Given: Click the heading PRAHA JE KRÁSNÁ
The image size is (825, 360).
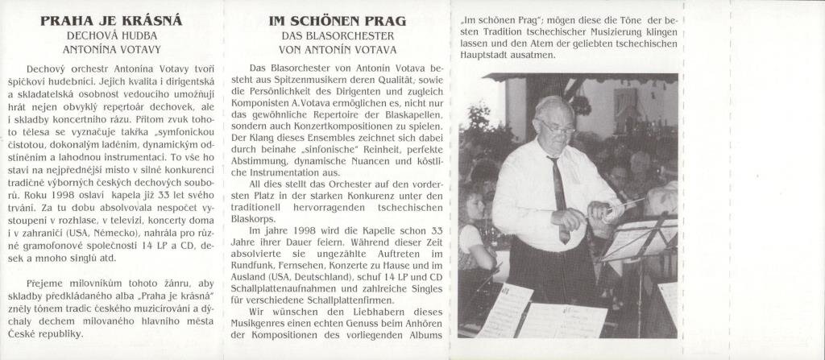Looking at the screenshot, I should tap(111, 21).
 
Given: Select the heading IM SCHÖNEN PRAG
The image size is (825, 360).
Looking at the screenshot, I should tap(337, 21).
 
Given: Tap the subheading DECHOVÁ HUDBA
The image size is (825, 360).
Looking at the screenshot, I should tap(111, 36).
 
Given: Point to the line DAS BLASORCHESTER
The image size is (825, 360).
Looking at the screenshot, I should tap(337, 36).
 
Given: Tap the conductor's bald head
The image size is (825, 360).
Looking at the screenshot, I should tap(553, 105).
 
